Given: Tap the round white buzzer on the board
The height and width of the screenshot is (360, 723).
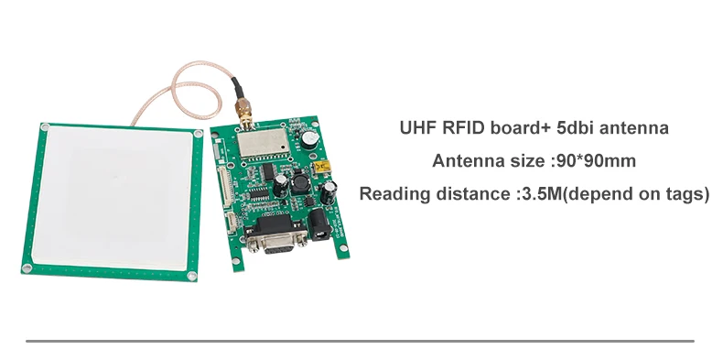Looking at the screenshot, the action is click(312, 137).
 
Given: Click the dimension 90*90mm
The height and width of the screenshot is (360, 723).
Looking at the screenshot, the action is click(595, 161).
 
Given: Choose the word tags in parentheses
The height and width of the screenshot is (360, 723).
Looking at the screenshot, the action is click(684, 194).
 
